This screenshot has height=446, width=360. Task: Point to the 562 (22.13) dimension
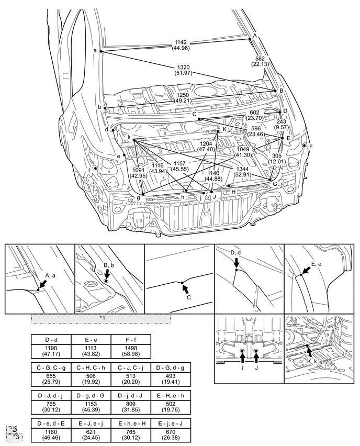260,61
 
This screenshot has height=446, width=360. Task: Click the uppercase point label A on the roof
255,35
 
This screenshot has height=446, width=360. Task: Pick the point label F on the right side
311,147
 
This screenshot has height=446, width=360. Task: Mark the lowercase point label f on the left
89,170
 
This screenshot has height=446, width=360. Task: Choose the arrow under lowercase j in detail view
242,357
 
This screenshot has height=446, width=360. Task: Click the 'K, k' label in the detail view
313,361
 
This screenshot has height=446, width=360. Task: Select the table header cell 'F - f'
130,339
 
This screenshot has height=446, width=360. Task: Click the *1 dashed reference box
100,318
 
